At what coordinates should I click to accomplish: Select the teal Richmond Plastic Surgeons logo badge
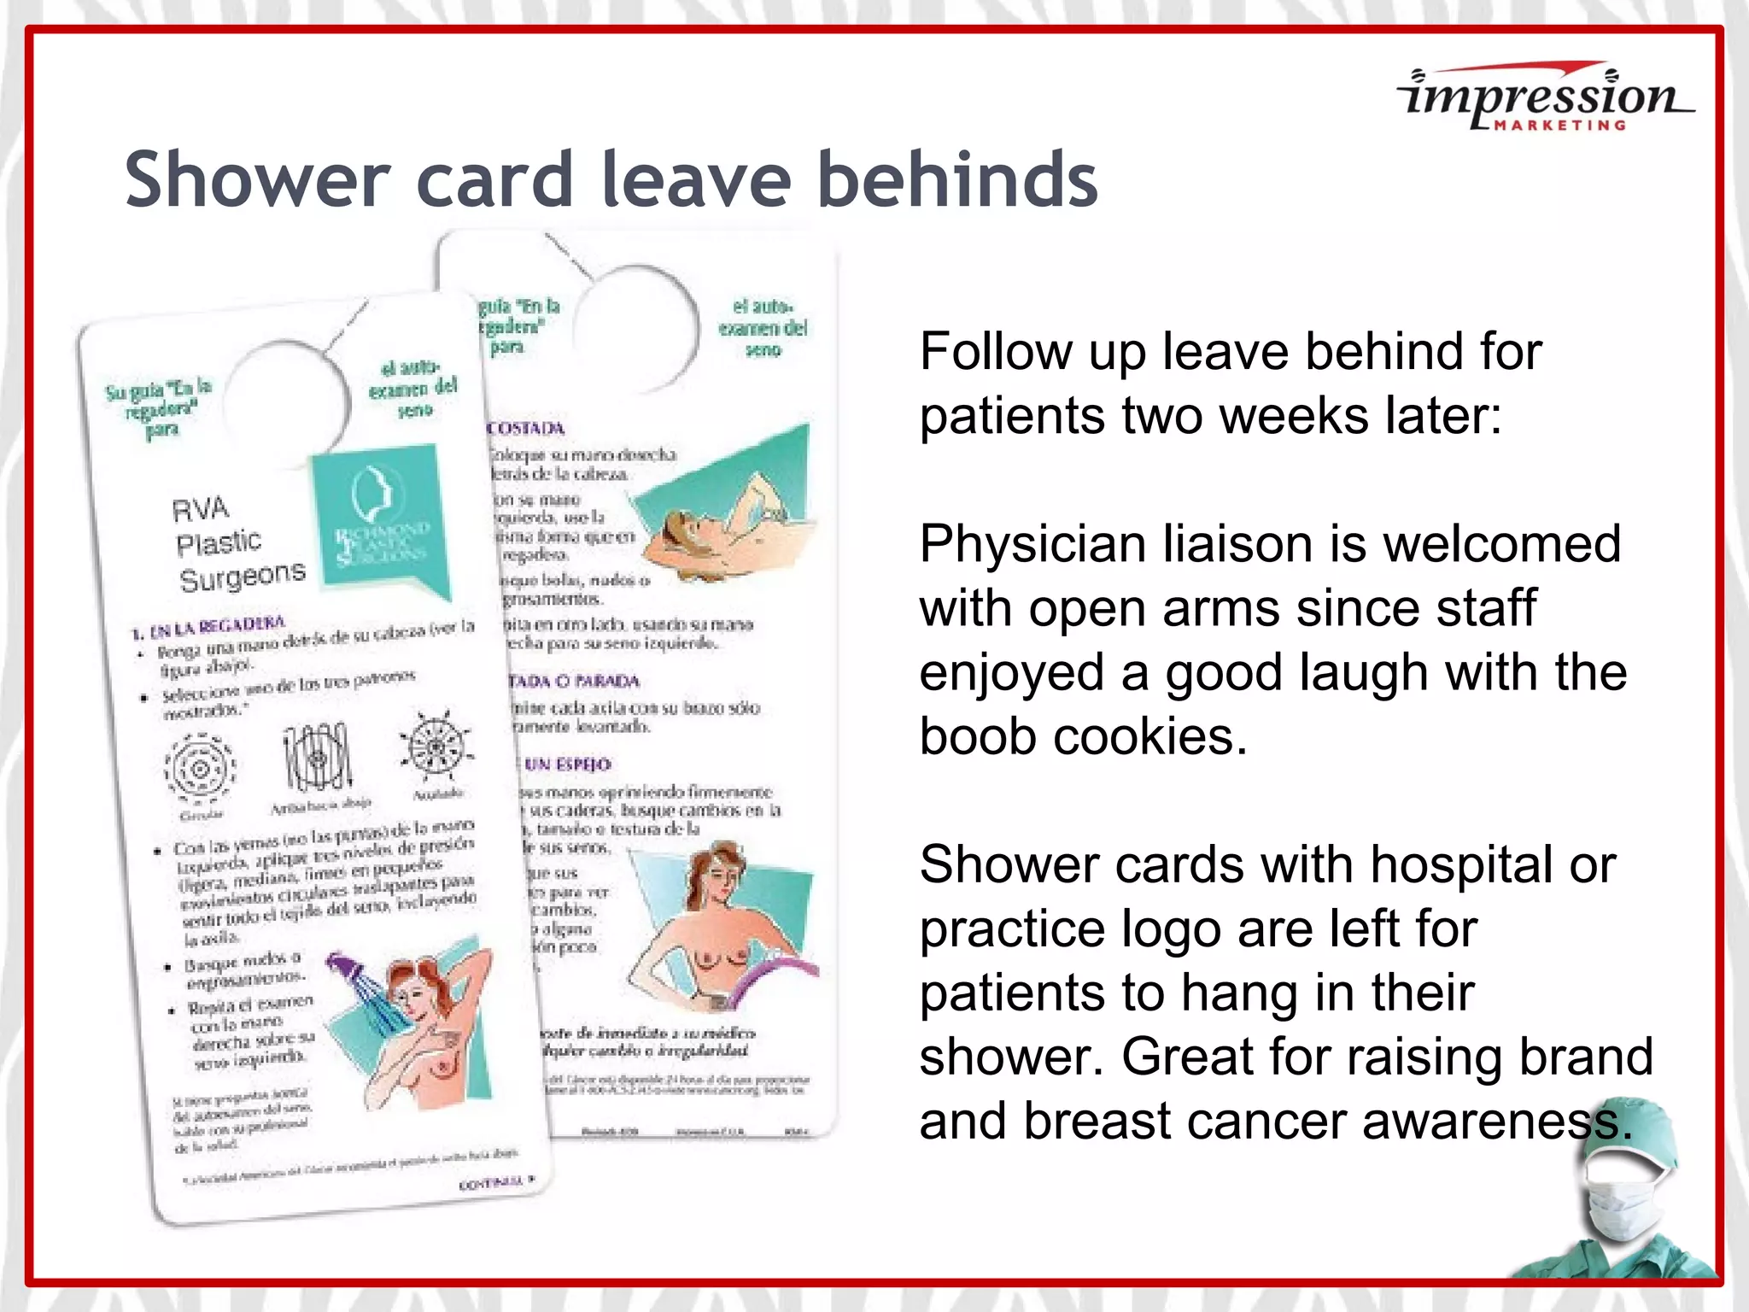(381, 521)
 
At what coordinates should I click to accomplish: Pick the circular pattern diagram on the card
(200, 769)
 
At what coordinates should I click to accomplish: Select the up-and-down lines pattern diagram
(318, 758)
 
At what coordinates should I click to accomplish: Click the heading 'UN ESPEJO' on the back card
(567, 764)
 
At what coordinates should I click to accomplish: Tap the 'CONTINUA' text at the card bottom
(492, 1183)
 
